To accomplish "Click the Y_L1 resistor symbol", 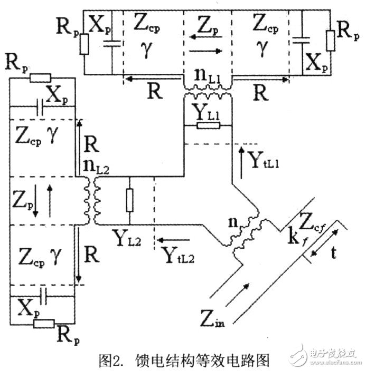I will [x=207, y=125].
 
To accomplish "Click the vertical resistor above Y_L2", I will [x=129, y=201].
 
